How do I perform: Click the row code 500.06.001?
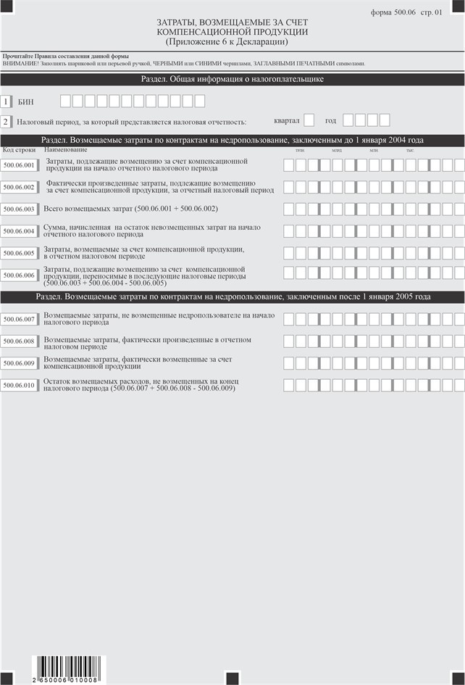tap(19, 165)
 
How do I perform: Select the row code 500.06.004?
tap(19, 231)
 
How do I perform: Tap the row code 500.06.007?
tap(19, 320)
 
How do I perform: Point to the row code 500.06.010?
tap(19, 386)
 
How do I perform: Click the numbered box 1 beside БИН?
tap(6, 102)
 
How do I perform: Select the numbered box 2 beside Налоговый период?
tap(6, 123)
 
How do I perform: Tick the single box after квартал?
tap(309, 120)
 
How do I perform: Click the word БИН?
tap(25, 102)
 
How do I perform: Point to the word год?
tap(330, 120)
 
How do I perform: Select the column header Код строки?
tap(19, 149)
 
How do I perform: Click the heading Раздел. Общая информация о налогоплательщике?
tap(232, 80)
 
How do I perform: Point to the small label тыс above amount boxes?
tap(410, 150)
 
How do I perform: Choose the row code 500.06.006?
tap(19, 275)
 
